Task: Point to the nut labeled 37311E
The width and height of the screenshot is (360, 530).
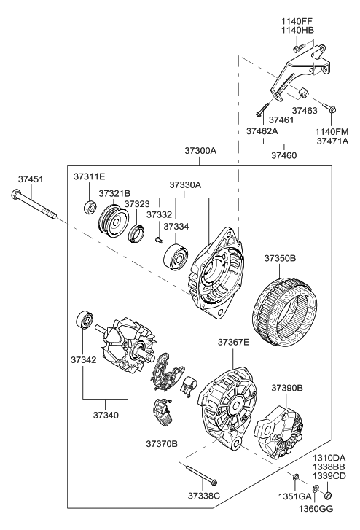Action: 87,207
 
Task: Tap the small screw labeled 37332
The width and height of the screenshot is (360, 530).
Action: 157,240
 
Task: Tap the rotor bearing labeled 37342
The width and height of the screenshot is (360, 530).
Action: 84,321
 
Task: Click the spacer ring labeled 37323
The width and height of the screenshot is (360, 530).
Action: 136,233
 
